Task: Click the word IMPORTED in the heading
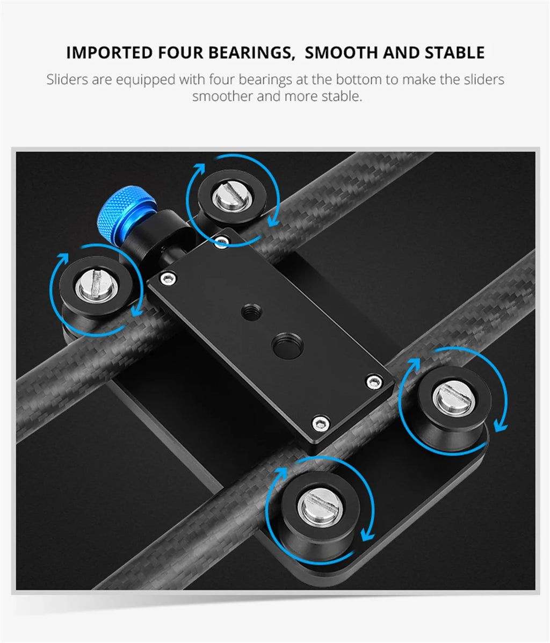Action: click(109, 53)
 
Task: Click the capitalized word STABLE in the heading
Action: click(454, 53)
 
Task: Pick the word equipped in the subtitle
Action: click(146, 80)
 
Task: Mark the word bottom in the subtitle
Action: click(359, 80)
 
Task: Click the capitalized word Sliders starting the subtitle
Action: click(67, 80)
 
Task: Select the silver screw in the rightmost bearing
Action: click(451, 398)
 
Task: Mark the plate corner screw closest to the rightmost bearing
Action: click(374, 382)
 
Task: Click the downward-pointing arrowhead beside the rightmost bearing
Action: click(500, 426)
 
